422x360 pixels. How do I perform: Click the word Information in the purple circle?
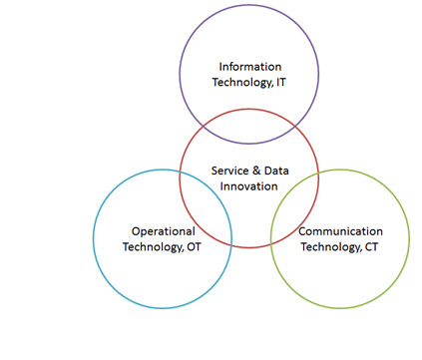tap(250, 67)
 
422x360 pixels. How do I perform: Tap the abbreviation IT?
tap(281, 82)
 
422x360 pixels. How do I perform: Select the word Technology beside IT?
tap(242, 83)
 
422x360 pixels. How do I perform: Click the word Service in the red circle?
tap(230, 171)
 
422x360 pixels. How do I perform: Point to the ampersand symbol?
tap(256, 171)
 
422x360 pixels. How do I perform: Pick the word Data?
tap(276, 171)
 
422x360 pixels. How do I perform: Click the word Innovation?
tap(248, 186)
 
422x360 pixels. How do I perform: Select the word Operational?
tap(164, 231)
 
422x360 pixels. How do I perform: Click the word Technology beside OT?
tap(154, 247)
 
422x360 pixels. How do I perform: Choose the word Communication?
tap(341, 231)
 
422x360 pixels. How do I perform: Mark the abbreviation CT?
tap(371, 247)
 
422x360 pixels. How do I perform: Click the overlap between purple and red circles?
tap(249, 127)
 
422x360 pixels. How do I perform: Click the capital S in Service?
tap(214, 171)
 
